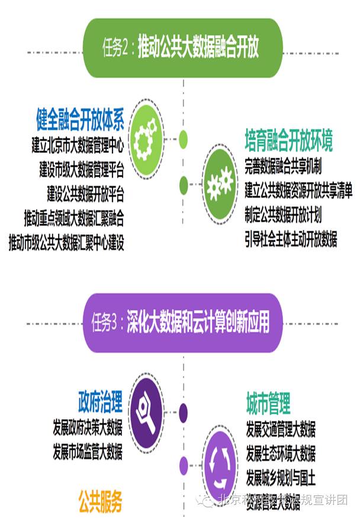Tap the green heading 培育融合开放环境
point(288,141)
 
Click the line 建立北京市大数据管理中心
point(78,146)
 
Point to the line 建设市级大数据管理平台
point(82,170)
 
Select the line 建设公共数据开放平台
point(85,194)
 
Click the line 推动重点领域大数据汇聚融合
point(74,218)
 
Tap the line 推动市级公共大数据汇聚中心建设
point(66,242)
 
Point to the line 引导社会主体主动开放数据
point(291,239)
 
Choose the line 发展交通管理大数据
point(281,429)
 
